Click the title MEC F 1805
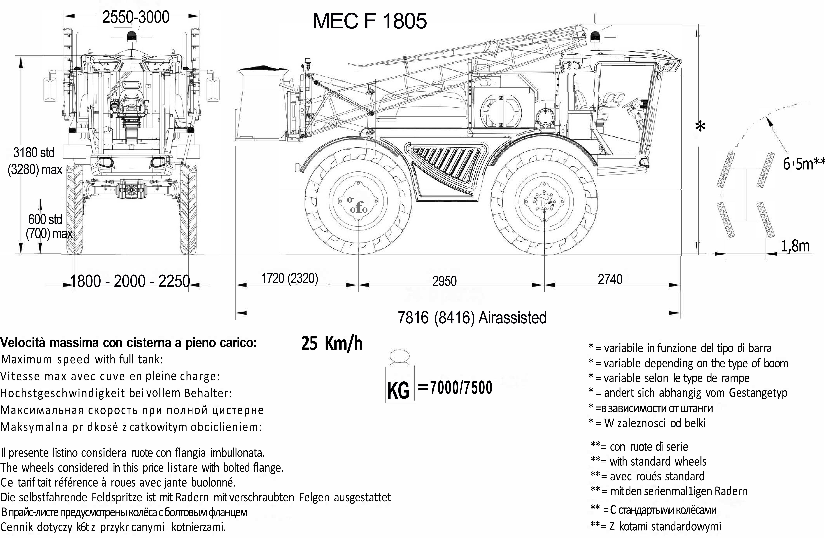370,21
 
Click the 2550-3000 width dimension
136,17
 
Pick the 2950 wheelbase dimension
444,281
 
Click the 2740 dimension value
610,279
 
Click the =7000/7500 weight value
455,388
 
